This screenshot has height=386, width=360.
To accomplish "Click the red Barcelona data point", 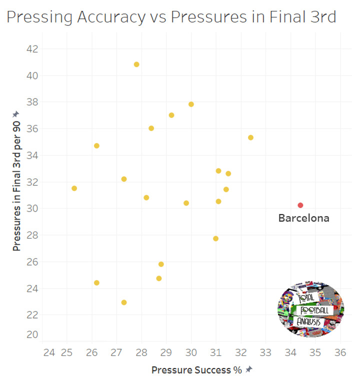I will pos(300,205).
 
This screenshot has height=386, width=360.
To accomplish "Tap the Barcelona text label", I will pos(304,218).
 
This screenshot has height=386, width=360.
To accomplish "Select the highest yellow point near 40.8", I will pos(136,64).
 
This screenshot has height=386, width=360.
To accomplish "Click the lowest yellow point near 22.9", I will pos(124,302).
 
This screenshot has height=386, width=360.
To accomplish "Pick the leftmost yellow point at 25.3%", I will pos(74,188).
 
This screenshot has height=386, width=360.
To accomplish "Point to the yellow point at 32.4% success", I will pos(251,137).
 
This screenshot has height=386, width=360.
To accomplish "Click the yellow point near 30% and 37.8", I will pos(191,104).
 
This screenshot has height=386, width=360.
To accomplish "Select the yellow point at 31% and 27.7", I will pos(216,238).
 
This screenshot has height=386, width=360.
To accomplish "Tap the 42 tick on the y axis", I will pos(31,49).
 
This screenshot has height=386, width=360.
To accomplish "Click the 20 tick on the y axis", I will pos(31,334).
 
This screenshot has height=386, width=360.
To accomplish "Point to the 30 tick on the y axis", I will pos(31,208).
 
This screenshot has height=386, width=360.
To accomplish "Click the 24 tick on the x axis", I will pos(49,352).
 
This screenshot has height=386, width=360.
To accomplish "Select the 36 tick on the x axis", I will pos(340,352).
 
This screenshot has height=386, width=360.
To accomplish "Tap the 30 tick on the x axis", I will pos(191,352).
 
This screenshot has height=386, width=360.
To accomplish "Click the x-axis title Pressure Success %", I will pos(196,370).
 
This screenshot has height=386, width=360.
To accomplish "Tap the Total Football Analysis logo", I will pos(311,308).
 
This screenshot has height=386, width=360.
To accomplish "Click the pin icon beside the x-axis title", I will pos(249,369).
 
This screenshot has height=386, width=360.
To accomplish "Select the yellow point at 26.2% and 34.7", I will pos(96,146).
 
